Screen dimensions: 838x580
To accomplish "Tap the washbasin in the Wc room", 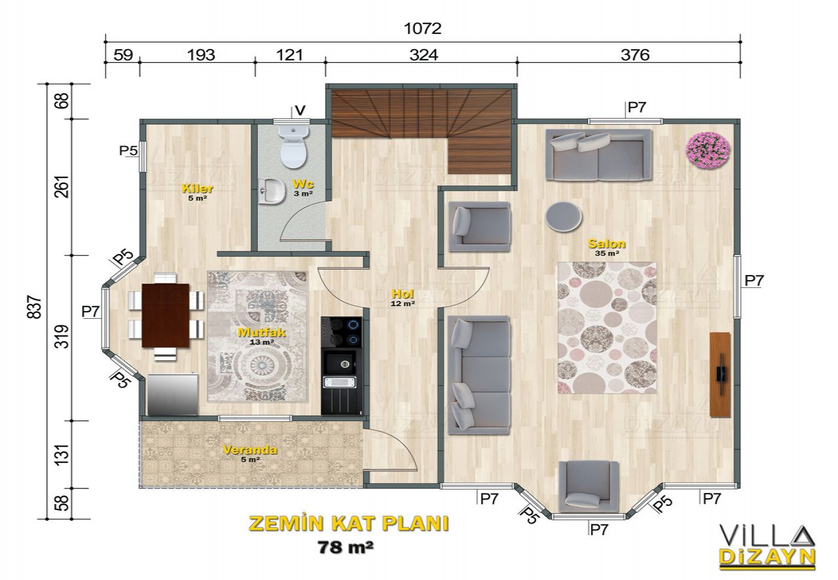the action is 272,191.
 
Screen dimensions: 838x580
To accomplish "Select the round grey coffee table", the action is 564,216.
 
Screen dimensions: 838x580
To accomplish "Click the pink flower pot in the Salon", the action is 708,150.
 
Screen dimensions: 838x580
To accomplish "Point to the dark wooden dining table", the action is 166,316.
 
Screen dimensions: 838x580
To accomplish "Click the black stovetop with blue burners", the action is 341,333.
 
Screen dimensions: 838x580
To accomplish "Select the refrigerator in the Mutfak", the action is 172,393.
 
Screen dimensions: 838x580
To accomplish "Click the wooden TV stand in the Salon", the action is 720,374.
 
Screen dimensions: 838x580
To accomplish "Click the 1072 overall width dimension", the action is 423,28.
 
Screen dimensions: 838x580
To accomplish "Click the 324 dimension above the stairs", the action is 424,55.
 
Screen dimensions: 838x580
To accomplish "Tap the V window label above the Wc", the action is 300,111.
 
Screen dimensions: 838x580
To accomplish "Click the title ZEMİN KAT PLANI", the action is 349,524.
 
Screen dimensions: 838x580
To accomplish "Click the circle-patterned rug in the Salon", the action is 607,328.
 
